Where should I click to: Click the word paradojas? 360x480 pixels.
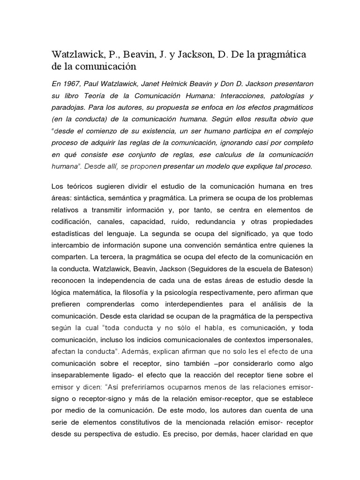click(x=68, y=108)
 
